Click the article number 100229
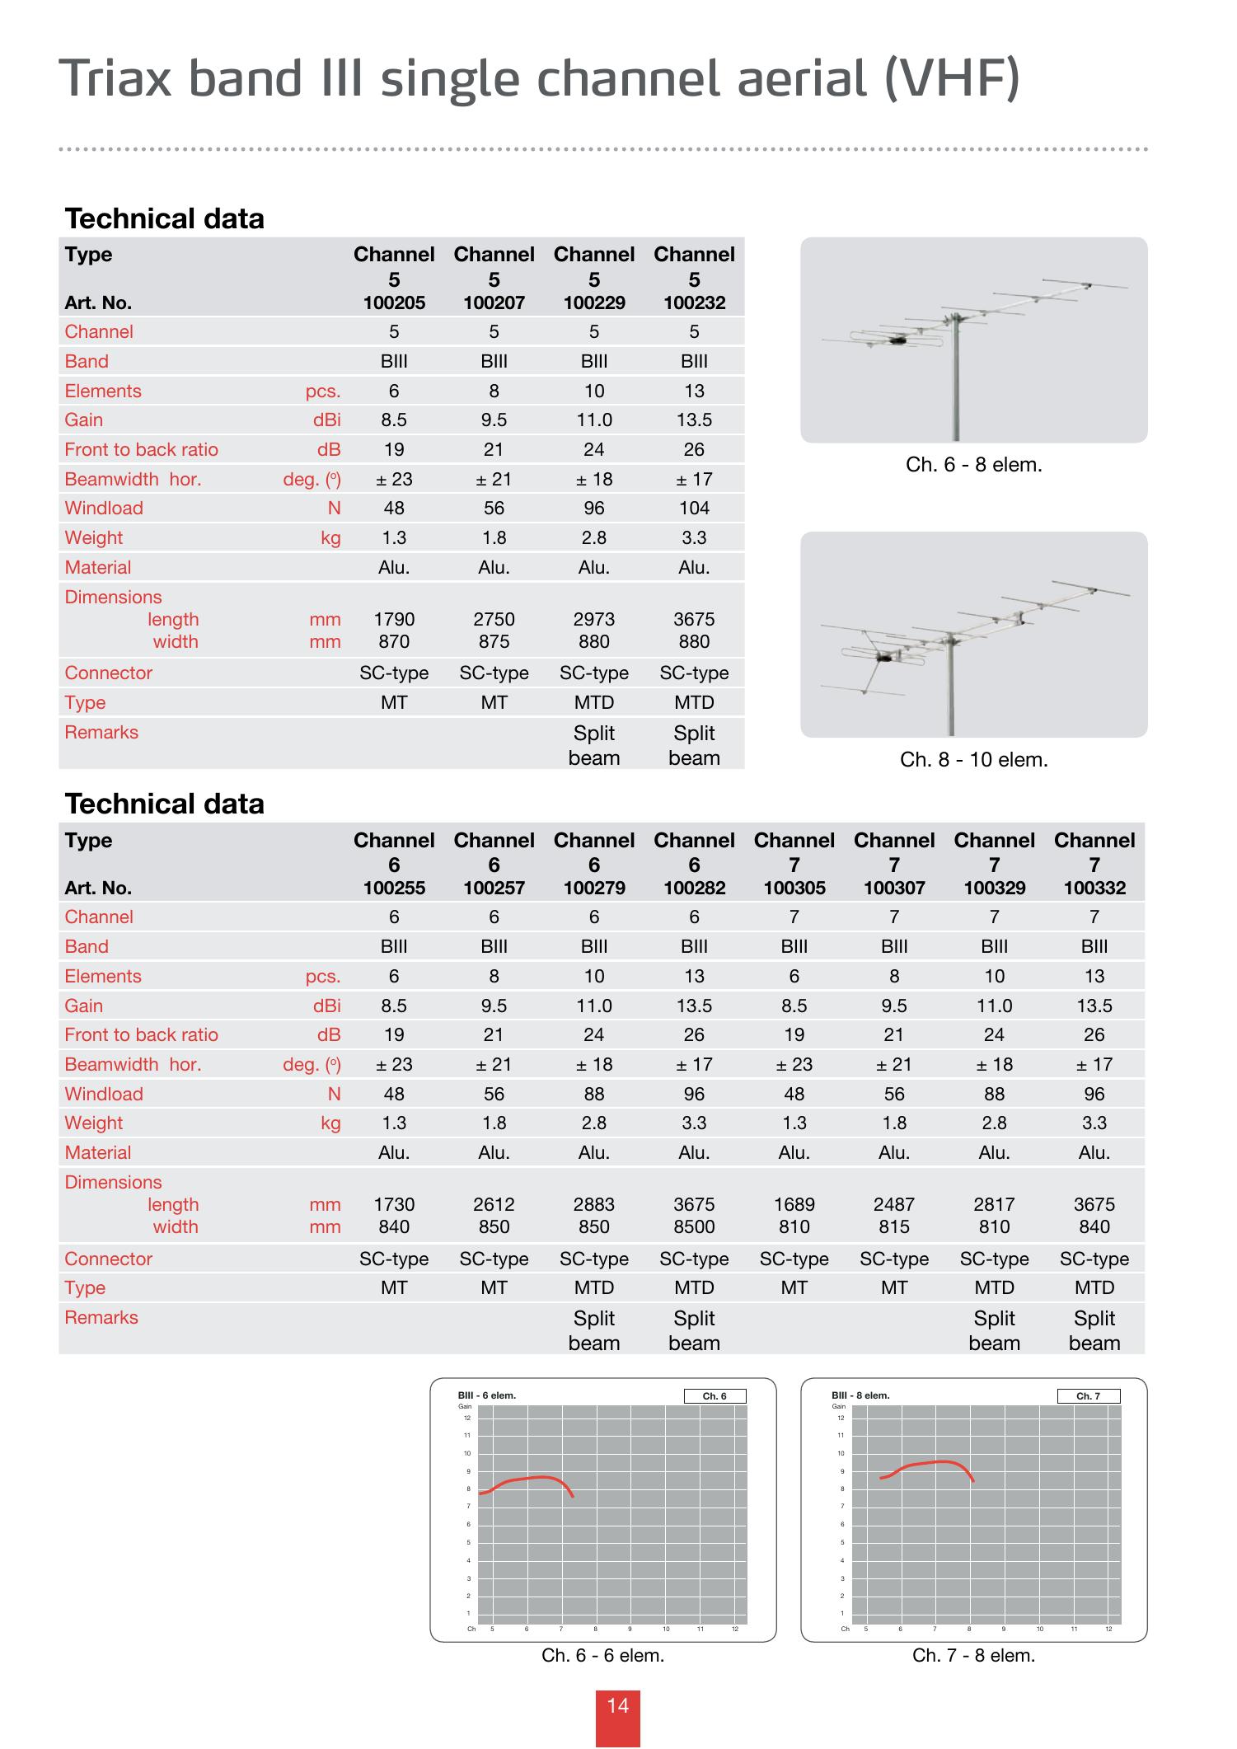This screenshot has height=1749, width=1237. coord(594,302)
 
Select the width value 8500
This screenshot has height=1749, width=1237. coord(694,1226)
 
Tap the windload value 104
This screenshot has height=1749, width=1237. coord(694,508)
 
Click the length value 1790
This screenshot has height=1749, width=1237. coord(394,619)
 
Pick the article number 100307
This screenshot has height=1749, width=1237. coord(894,888)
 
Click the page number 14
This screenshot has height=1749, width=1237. coord(618,1705)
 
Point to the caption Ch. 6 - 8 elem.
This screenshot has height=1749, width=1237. coord(973,465)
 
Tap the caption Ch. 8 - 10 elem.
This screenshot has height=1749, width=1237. coord(973,760)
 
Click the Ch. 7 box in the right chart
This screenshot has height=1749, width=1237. coord(1088,1396)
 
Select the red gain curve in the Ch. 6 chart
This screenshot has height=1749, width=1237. coord(527,1479)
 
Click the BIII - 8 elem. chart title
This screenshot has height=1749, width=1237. coord(860,1395)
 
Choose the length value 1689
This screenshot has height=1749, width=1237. coord(794,1204)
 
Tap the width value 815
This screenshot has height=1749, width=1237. coord(894,1226)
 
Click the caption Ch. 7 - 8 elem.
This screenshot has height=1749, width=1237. coord(973,1655)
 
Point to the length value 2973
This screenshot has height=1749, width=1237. coord(594,619)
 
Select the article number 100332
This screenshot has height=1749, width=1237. coord(1094,888)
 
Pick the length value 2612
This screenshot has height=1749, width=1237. coord(494,1204)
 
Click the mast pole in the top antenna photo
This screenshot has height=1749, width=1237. coord(956,387)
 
